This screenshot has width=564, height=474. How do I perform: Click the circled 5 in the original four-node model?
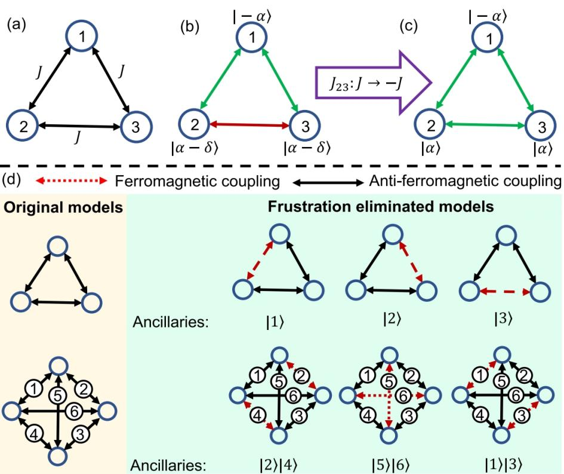click(57, 394)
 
